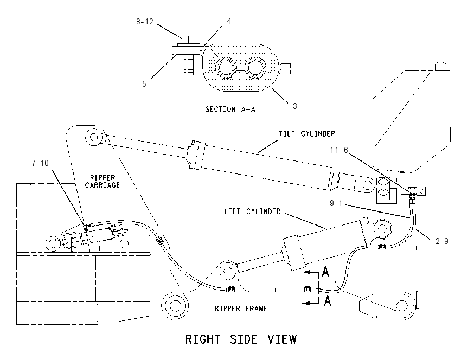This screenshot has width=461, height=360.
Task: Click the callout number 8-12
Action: click(145, 22)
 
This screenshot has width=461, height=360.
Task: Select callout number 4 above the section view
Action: click(229, 21)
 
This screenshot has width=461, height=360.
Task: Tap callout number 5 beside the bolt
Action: click(144, 84)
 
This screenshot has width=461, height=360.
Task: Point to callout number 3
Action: click(295, 106)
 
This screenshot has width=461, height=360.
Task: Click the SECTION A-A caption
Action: click(230, 110)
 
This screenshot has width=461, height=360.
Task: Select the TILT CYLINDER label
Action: click(307, 134)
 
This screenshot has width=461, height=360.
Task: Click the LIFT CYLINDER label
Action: click(253, 211)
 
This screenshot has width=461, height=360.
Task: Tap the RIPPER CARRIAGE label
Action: click(103, 181)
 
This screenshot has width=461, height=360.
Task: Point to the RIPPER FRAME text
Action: click(241, 308)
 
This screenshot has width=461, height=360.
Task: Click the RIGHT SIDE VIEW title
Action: click(241, 339)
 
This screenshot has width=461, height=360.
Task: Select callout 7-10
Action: click(40, 163)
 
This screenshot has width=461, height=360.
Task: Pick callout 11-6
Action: click(339, 150)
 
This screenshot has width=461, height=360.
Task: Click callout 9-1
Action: click(336, 203)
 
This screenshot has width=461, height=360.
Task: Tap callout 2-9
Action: click(442, 241)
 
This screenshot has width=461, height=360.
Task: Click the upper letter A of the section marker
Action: click(325, 271)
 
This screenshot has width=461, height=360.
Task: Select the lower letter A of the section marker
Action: click(327, 301)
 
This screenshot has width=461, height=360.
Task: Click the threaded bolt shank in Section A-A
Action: click(189, 65)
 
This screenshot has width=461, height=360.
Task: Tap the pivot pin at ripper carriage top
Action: click(94, 137)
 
